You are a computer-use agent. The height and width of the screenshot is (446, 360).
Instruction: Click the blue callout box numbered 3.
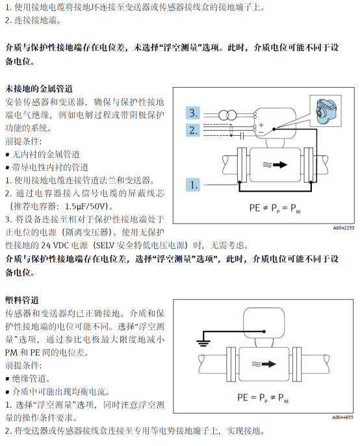[x=193, y=113]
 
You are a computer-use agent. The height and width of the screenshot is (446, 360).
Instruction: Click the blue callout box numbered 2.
[x=193, y=130]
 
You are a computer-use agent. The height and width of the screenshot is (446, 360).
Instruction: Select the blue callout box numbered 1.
[x=193, y=185]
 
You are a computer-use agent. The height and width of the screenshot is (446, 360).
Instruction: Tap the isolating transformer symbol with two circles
[x=227, y=115]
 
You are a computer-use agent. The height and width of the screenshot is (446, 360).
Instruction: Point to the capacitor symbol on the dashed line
[x=242, y=136]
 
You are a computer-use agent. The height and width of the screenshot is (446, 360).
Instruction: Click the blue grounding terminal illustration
[x=326, y=111]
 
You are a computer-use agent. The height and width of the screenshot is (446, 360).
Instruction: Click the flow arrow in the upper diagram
[x=275, y=164]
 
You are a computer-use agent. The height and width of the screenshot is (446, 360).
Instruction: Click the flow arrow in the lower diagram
[x=264, y=364]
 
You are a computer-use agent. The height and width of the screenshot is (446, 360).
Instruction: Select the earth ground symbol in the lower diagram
[x=203, y=343]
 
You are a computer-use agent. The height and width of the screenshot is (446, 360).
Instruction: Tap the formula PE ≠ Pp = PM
[x=275, y=208]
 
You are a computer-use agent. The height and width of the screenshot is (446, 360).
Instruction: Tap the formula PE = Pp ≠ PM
[x=263, y=398]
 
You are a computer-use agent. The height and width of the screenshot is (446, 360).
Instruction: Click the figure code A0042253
[x=344, y=228]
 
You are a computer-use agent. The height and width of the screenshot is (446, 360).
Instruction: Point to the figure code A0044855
[x=342, y=417]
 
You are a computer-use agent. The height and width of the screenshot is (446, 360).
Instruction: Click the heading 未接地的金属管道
[x=39, y=88]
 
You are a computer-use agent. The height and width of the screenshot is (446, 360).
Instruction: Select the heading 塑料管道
[x=22, y=300]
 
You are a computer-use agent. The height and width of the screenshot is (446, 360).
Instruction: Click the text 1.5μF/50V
[x=86, y=206]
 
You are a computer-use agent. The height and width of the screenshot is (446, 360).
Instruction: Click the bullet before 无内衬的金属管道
[x=7, y=155]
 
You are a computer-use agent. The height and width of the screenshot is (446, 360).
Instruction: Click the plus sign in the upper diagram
[x=261, y=125]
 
